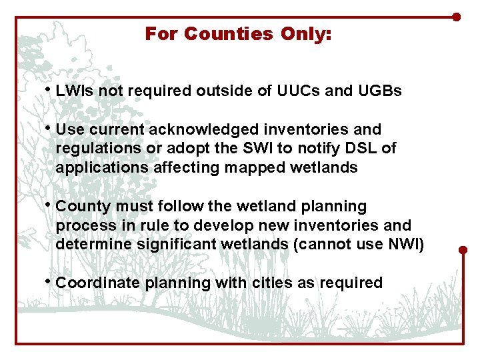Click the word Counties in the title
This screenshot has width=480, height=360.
[227, 33]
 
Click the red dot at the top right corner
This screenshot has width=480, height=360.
[457, 17]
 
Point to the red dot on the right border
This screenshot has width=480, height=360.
[463, 251]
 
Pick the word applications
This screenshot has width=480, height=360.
[102, 167]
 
